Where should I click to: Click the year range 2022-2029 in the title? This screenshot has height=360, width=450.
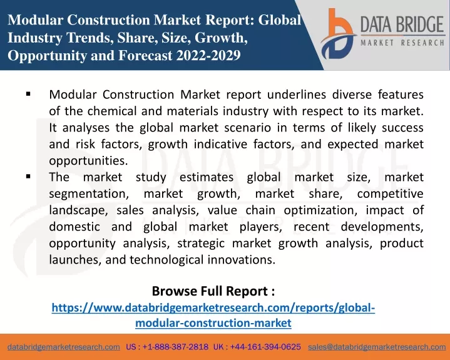pyautogui.click(x=208, y=55)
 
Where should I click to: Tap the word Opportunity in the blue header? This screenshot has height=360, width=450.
pyautogui.click(x=47, y=56)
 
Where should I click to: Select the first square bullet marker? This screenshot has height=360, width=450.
pyautogui.click(x=28, y=93)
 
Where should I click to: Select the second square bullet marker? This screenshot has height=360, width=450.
pyautogui.click(x=28, y=177)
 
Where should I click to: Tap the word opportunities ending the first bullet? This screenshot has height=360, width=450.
pyautogui.click(x=88, y=161)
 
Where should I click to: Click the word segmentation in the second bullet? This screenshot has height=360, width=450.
pyautogui.click(x=89, y=194)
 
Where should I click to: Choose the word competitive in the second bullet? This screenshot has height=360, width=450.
pyautogui.click(x=391, y=194)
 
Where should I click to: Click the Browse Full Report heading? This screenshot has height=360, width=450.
pyautogui.click(x=213, y=291)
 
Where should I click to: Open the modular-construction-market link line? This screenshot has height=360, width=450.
pyautogui.click(x=213, y=323)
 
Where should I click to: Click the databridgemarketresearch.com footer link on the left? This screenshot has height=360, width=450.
pyautogui.click(x=64, y=347)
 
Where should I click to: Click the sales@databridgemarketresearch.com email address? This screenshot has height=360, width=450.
pyautogui.click(x=377, y=347)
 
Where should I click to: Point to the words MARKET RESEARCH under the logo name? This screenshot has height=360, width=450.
pyautogui.click(x=402, y=43)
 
